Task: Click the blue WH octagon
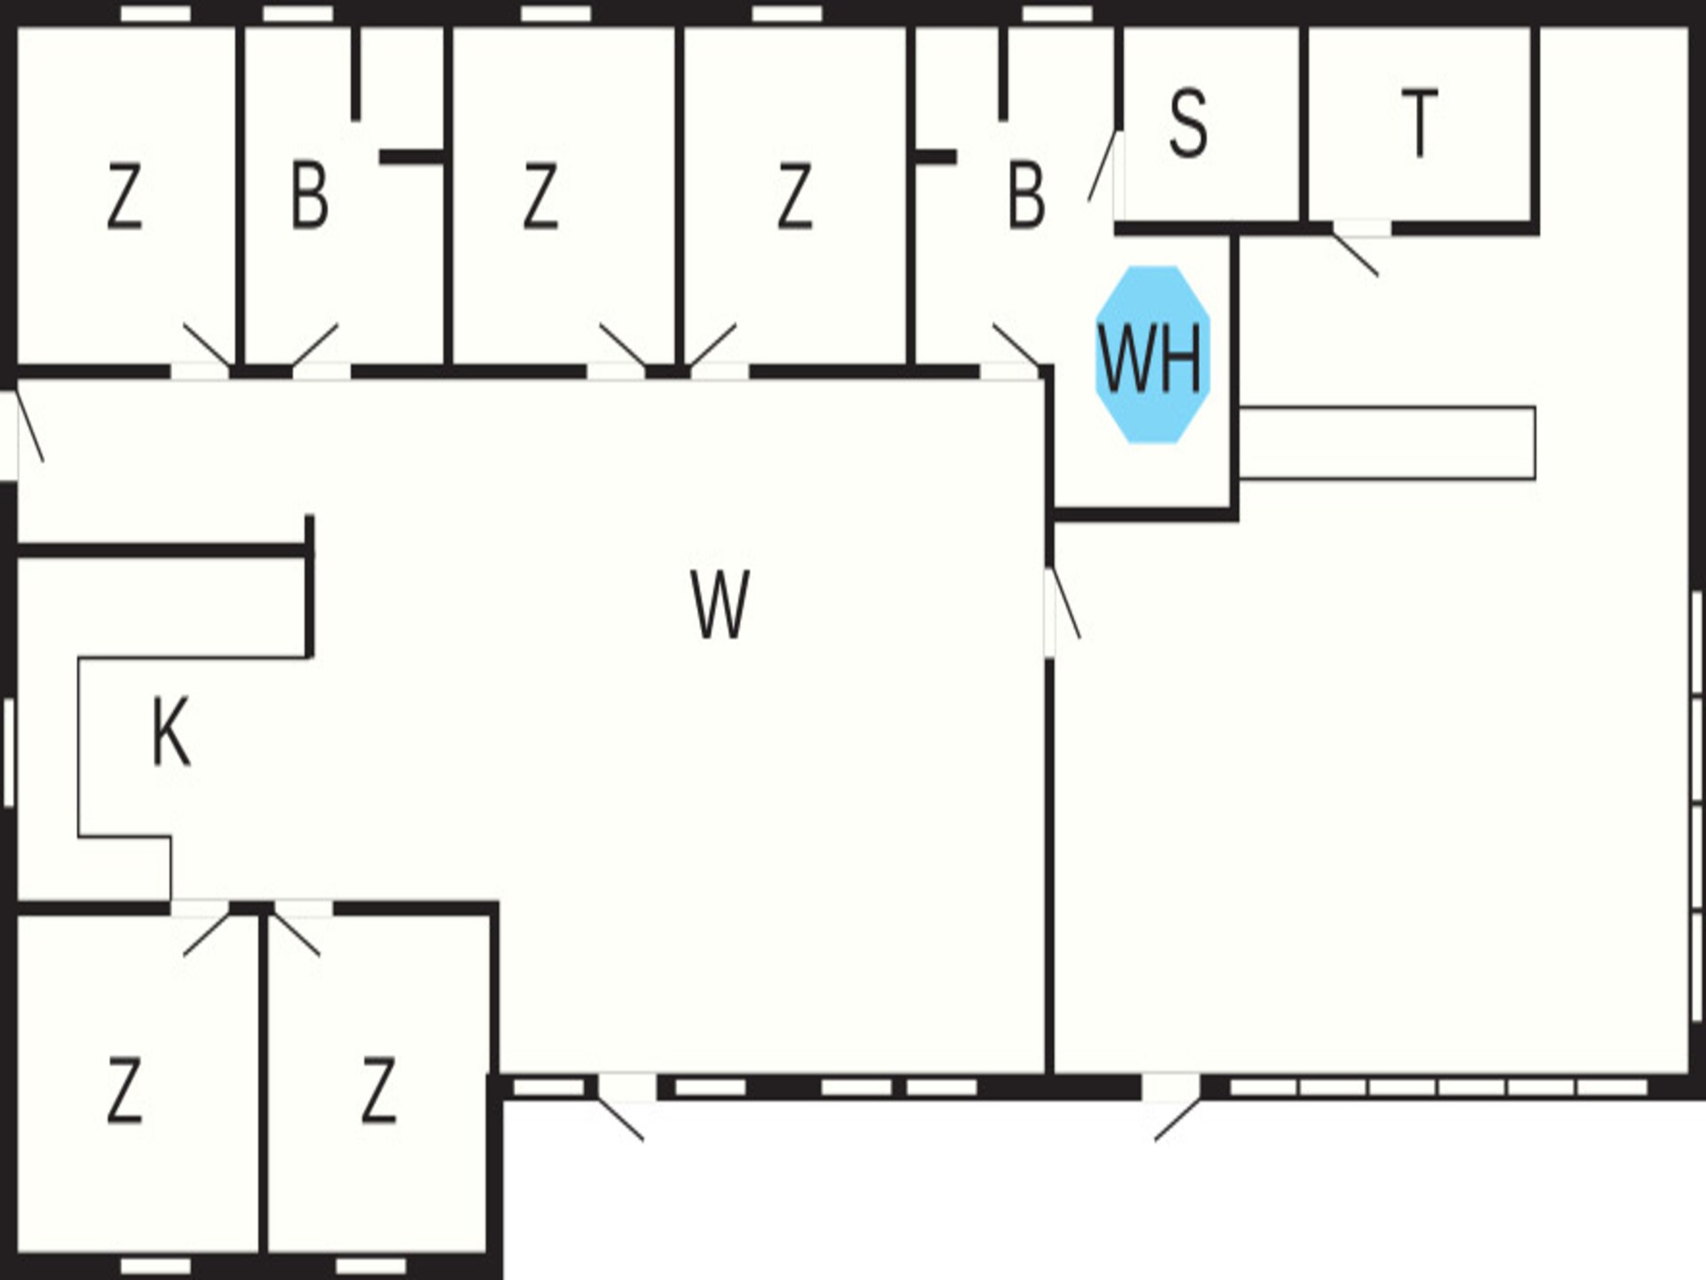tap(1152, 355)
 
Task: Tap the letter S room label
tap(1188, 124)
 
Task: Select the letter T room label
tap(1419, 123)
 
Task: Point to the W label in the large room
tap(720, 604)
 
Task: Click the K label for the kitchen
tap(171, 732)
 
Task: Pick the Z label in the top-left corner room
tap(124, 196)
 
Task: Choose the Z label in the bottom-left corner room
tap(124, 1090)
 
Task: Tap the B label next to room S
tap(1026, 196)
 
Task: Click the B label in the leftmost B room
tap(309, 196)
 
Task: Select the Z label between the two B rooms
tap(540, 196)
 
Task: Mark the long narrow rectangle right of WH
tap(1387, 443)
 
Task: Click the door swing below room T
tap(1355, 252)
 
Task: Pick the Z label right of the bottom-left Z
tap(379, 1090)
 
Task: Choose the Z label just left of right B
tap(794, 196)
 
